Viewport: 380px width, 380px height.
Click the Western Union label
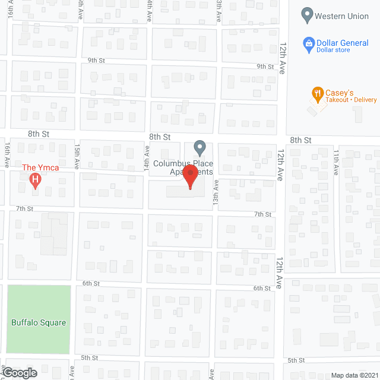tap(341, 16)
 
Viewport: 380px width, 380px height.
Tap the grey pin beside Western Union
tap(307, 15)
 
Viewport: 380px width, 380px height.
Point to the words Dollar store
tap(333, 50)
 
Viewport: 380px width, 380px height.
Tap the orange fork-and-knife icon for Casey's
tap(318, 93)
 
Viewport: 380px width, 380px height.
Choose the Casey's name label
tap(340, 93)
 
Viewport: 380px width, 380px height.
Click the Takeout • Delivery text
tap(351, 100)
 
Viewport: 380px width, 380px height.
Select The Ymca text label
tap(41, 167)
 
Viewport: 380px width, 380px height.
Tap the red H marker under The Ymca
tap(35, 179)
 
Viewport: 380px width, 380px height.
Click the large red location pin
tap(190, 177)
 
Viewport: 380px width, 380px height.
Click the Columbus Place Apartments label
tap(183, 167)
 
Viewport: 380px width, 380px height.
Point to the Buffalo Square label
tap(39, 323)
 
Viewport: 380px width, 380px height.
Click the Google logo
tap(19, 373)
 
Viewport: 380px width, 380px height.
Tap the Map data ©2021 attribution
tap(353, 375)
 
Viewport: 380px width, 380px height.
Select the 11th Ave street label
tap(336, 161)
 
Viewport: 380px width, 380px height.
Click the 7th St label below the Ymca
tap(24, 208)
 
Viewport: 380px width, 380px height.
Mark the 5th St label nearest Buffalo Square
tap(89, 357)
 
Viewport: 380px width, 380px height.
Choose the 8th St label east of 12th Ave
tap(300, 140)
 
